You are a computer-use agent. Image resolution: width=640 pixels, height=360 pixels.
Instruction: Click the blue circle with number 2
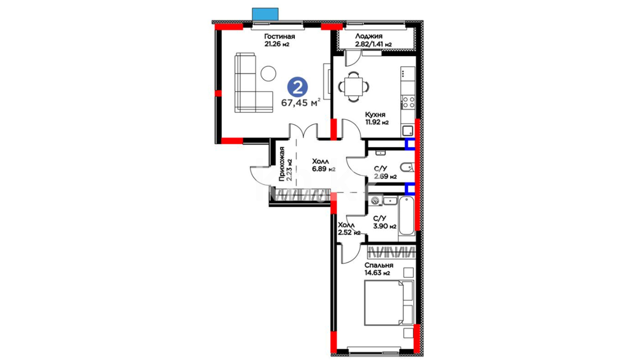(x=298, y=87)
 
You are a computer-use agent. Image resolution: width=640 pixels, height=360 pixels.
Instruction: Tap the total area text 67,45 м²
(x=301, y=102)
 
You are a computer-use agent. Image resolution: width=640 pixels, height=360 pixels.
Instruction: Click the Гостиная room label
(x=280, y=36)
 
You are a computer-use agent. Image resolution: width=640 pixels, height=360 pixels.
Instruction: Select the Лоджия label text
(x=369, y=36)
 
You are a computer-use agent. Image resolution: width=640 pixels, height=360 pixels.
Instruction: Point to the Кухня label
(x=375, y=115)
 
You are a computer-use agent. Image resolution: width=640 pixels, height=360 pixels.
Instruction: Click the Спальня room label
(x=379, y=265)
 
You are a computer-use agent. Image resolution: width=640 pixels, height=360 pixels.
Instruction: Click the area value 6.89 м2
(x=324, y=169)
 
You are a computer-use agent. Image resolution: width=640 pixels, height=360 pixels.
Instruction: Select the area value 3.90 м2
(x=385, y=226)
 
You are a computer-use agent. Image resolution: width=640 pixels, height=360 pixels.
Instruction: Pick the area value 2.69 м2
(x=385, y=176)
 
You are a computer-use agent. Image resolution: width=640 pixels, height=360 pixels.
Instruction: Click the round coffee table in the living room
(x=268, y=73)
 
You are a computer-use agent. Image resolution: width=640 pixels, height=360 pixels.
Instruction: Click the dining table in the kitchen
(x=354, y=87)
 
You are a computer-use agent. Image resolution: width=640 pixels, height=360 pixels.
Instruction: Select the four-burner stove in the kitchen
(x=408, y=102)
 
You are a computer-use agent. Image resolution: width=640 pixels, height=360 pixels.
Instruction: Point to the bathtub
(x=406, y=216)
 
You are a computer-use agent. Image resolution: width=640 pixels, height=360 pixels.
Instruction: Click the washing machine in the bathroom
(x=376, y=201)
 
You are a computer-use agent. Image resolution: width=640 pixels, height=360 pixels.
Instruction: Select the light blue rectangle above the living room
(x=265, y=14)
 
